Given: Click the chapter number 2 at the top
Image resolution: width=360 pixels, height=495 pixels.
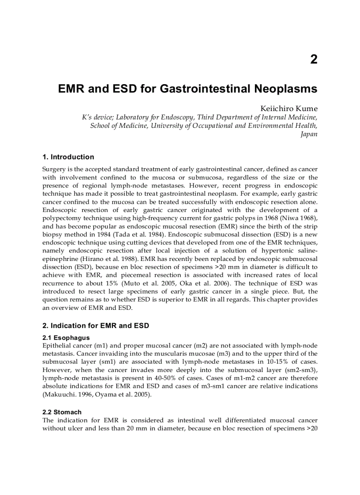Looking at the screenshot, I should (x=313, y=60).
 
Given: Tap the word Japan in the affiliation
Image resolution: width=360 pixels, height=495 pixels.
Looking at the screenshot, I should (x=309, y=134).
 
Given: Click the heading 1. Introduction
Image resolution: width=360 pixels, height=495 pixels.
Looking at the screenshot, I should (x=68, y=157).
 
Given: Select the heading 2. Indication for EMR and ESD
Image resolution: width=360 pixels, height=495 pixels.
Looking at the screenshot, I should (x=95, y=326).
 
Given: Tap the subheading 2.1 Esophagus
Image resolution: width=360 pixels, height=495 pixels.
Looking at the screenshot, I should (x=66, y=338).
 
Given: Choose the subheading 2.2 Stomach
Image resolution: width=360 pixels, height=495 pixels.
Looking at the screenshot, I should (x=62, y=412).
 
